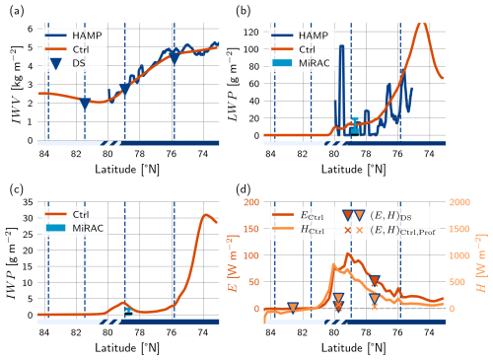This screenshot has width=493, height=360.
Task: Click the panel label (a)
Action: (17, 12)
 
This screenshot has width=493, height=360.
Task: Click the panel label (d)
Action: (244, 189)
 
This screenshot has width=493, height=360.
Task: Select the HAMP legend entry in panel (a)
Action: (74, 36)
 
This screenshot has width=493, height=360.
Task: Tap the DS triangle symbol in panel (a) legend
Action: (56, 63)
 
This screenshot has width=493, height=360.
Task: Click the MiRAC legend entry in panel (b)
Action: (301, 63)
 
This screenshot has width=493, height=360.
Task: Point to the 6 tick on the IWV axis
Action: (31, 29)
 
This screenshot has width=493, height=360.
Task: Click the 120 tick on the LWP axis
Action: (250, 33)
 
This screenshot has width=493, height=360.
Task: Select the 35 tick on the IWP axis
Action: (28, 202)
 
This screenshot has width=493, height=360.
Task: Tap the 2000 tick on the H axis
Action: (459, 202)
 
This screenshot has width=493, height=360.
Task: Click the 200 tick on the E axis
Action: (251, 202)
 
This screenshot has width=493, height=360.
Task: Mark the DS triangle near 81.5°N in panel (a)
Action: (85, 104)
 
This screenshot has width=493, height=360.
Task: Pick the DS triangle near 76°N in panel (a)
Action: (175, 59)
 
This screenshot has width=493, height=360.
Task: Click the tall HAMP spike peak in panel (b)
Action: (341, 46)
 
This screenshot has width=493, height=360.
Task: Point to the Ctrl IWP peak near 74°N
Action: (206, 215)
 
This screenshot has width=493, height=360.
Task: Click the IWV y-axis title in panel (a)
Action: (17, 85)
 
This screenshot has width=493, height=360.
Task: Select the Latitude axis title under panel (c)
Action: (127, 348)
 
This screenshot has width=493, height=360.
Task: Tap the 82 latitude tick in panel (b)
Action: (302, 154)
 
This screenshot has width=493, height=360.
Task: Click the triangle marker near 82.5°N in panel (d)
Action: (293, 308)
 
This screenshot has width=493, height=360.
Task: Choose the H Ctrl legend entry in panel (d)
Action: (299, 229)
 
